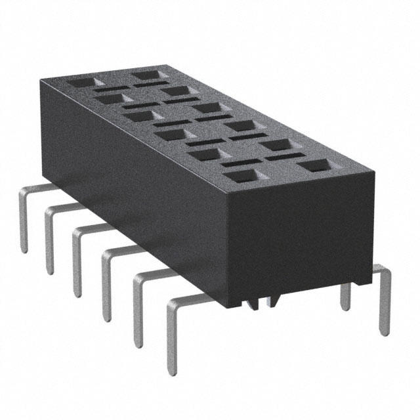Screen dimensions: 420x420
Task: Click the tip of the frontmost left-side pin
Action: [172, 371]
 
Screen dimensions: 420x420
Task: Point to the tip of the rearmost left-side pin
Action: [24, 249]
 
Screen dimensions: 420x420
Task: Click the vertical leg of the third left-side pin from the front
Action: [106, 289]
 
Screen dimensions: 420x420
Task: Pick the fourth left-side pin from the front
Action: [76, 262]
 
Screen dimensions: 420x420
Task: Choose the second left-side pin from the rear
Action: [49, 240]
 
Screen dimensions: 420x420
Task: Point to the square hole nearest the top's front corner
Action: [241, 176]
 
